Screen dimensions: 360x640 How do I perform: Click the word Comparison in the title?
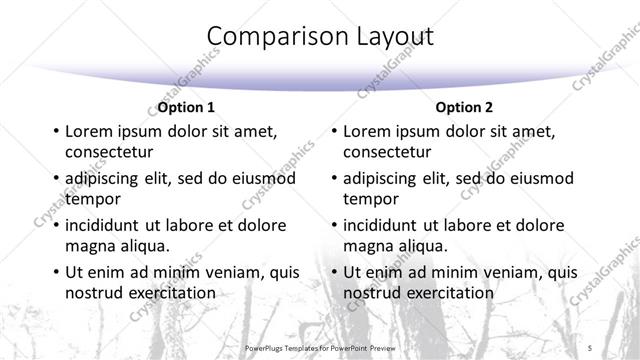click(x=267, y=37)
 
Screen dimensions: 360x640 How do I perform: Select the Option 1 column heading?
click(x=186, y=107)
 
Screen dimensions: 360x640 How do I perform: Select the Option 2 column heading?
click(x=464, y=107)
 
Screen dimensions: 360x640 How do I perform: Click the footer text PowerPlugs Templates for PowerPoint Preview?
click(x=320, y=347)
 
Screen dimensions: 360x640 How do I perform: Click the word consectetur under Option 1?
click(x=109, y=152)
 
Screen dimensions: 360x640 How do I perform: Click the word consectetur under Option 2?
click(x=387, y=152)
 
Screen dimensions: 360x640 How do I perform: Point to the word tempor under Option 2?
click(x=370, y=198)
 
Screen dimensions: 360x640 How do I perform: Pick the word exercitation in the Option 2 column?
click(x=447, y=293)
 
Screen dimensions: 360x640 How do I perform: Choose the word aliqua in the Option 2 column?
click(x=422, y=246)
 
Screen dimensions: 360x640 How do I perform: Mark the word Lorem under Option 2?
click(x=366, y=131)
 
